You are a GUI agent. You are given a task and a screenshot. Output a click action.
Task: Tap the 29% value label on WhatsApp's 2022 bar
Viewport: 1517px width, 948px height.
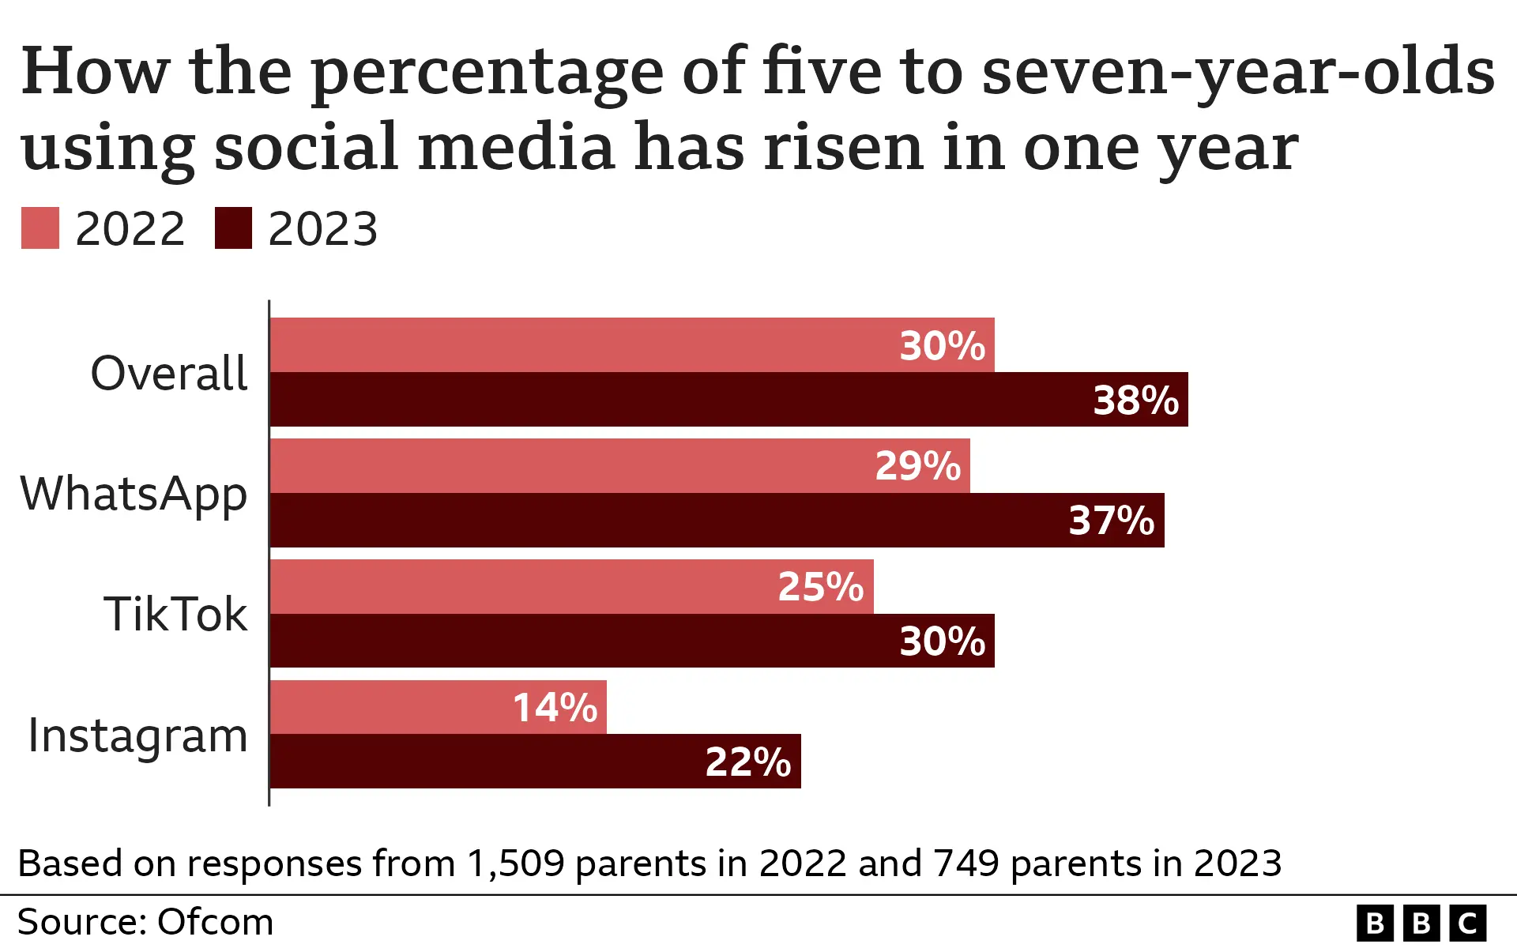click(x=917, y=466)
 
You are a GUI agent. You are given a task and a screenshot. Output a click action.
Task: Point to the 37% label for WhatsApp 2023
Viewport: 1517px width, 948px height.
click(x=1111, y=521)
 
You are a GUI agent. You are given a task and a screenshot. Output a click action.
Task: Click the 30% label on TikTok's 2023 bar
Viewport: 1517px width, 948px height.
click(x=942, y=641)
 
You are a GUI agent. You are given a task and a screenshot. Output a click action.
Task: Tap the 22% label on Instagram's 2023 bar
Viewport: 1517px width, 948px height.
click(x=747, y=762)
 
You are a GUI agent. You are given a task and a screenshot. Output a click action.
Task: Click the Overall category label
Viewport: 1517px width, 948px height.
click(x=169, y=373)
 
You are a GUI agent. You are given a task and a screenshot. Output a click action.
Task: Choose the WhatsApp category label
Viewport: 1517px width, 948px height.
click(x=134, y=495)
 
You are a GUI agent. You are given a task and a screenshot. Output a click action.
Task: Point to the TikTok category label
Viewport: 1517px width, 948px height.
click(x=175, y=615)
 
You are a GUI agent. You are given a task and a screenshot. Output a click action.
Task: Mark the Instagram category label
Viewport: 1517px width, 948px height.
click(x=137, y=736)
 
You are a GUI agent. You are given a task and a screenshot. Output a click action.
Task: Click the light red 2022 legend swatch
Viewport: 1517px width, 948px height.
click(x=40, y=228)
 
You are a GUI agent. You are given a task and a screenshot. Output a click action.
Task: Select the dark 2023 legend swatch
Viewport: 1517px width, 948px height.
click(x=233, y=228)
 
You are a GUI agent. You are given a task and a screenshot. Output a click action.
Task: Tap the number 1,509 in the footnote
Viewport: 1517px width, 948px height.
click(x=515, y=863)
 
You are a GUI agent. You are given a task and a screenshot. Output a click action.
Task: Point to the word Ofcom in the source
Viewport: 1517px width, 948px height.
click(x=215, y=922)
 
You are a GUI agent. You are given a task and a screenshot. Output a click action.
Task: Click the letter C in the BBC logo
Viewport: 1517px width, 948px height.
click(x=1467, y=923)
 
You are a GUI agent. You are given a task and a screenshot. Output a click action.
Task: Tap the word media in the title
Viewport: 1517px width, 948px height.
click(x=516, y=148)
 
